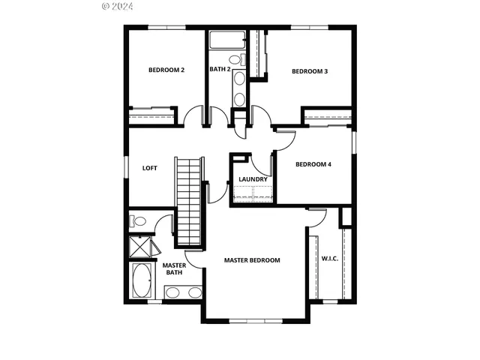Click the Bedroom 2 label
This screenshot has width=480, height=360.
click(166, 70)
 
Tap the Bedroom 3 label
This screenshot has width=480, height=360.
click(310, 71)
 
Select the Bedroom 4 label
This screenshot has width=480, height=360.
click(313, 164)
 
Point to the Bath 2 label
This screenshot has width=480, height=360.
click(219, 70)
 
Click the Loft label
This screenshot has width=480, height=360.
click(150, 168)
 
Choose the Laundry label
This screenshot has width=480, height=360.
click(253, 179)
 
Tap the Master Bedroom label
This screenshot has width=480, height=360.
click(252, 260)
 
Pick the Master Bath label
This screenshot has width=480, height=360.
click(174, 268)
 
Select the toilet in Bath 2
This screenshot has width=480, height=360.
click(234, 58)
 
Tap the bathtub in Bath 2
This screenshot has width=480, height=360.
click(223, 40)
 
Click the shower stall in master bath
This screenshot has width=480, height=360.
click(140, 246)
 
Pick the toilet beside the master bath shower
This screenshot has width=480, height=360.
click(138, 221)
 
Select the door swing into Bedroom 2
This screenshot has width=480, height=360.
click(193, 117)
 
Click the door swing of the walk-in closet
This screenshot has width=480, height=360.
click(318, 218)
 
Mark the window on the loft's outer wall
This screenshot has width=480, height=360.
click(126, 168)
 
